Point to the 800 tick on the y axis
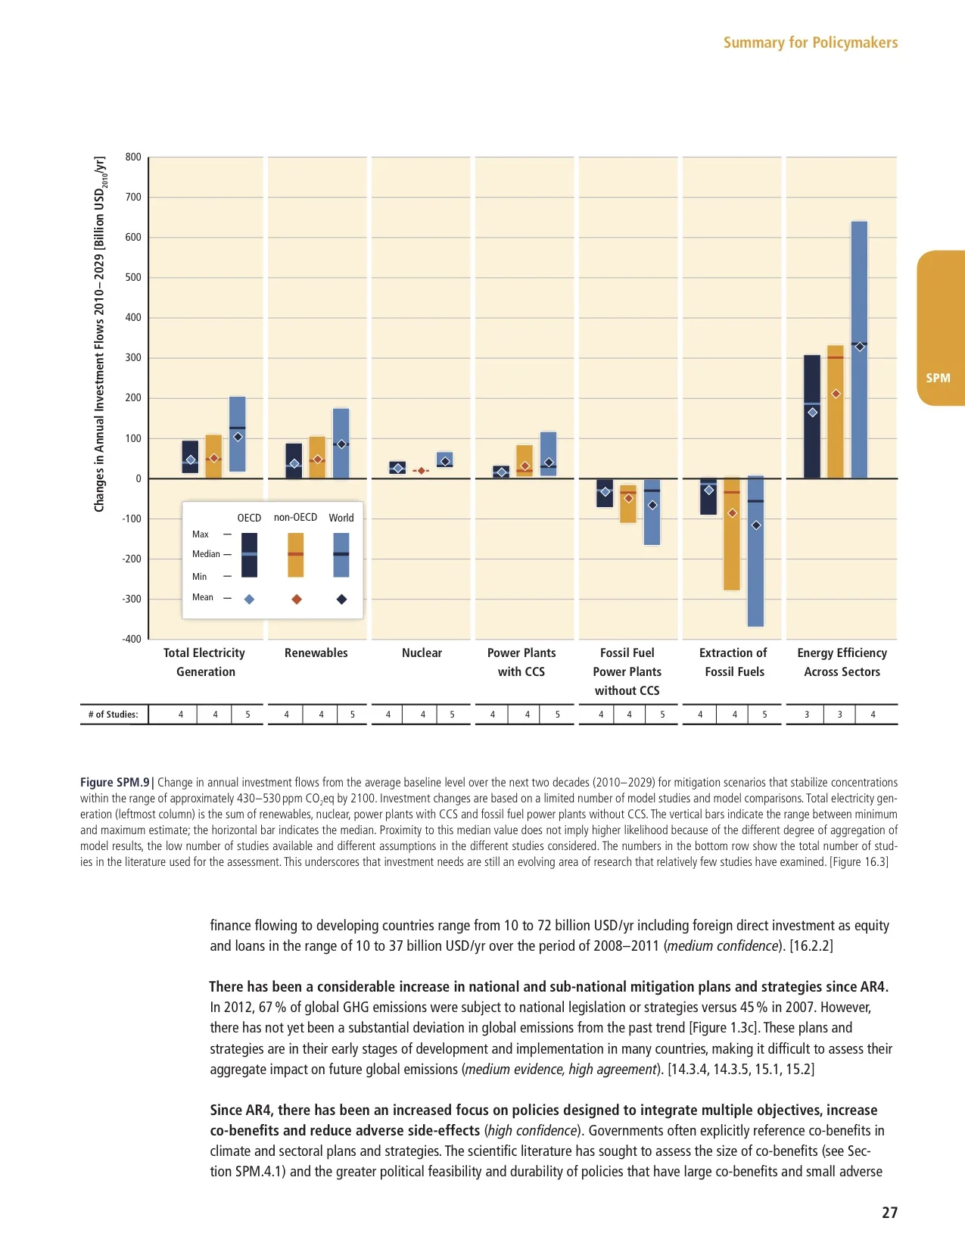133,157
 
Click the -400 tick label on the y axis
132,639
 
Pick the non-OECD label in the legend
295,517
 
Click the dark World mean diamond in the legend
341,600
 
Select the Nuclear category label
422,653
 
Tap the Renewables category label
316,653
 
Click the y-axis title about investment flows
100,334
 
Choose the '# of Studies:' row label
114,714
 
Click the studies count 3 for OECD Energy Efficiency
807,714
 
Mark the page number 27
889,1213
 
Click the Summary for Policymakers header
810,42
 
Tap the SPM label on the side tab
938,378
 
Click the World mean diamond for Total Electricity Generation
238,437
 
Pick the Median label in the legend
206,554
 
